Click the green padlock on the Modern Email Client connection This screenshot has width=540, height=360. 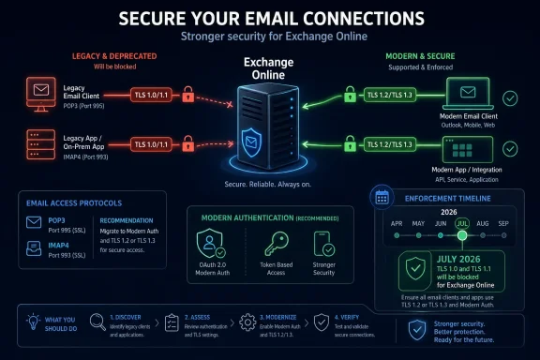351,95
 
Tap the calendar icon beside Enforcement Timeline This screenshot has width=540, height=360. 382,197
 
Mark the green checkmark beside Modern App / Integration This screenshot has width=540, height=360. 510,147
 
